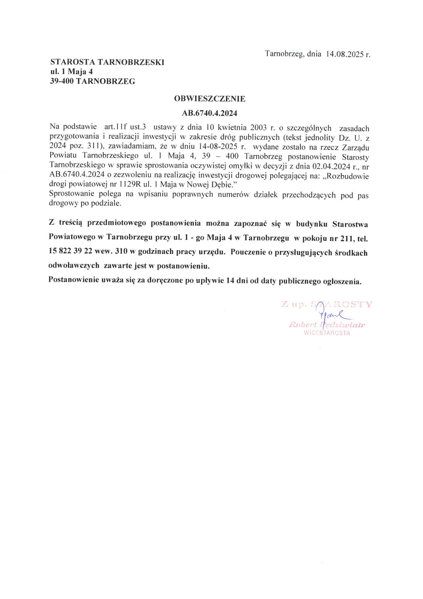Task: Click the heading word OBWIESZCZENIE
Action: click(210, 99)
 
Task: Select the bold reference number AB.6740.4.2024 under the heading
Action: click(210, 113)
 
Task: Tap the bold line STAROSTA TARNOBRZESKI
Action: click(107, 62)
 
